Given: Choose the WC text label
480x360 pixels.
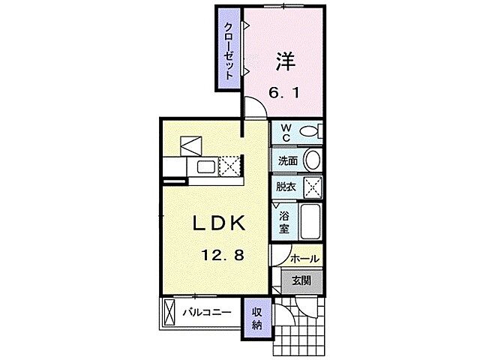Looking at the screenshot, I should pyautogui.click(x=286, y=133).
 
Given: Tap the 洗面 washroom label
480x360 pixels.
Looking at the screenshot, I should pyautogui.click(x=287, y=159).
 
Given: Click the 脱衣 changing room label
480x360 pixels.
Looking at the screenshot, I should pyautogui.click(x=286, y=187).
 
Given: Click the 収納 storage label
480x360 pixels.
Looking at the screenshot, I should pyautogui.click(x=256, y=318).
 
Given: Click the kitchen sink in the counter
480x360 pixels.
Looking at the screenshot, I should pyautogui.click(x=204, y=166).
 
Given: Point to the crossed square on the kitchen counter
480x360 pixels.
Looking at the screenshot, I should pyautogui.click(x=230, y=166).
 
